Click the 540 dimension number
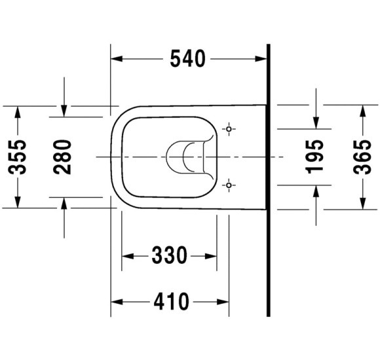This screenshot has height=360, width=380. tap(188, 59)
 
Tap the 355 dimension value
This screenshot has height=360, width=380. tap(17, 157)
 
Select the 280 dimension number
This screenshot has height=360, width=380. tap(62, 157)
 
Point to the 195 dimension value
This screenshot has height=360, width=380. tap(314, 157)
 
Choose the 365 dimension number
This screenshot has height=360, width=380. tap(362, 157)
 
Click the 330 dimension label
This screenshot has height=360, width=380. tap(170, 255)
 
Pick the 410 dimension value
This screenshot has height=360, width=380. tap(172, 301)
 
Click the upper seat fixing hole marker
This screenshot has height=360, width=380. tap(229, 129)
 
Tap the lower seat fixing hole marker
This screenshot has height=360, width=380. tap(229, 185)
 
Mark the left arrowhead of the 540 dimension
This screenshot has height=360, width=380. tap(117, 59)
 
